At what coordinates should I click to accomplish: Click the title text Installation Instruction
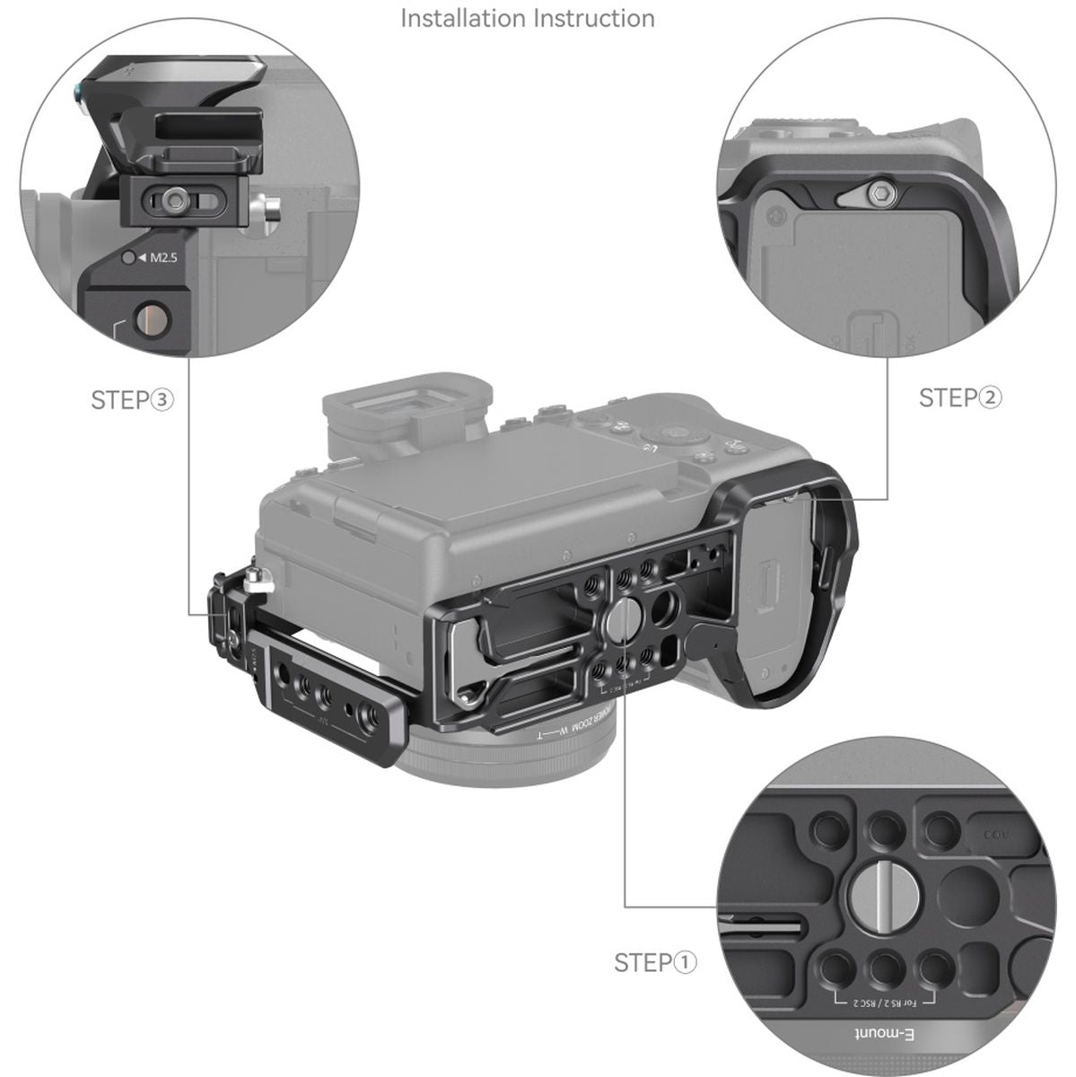click(527, 18)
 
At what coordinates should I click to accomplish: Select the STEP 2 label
click(960, 398)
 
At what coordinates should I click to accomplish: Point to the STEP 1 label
click(655, 963)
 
